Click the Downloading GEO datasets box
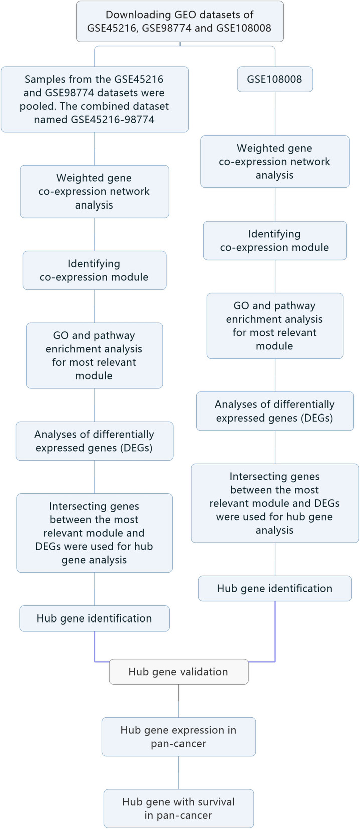(x=179, y=21)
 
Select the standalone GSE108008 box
(x=275, y=79)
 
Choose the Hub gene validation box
(x=178, y=672)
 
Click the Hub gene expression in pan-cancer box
(x=178, y=737)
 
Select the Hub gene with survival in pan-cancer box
(x=178, y=808)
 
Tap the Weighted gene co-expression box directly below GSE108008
(x=275, y=162)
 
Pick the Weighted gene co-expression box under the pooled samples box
(x=94, y=191)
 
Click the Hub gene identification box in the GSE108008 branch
(x=275, y=588)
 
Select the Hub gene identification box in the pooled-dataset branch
(x=94, y=618)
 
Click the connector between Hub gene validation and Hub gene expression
(x=179, y=701)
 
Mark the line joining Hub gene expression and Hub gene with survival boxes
(x=179, y=772)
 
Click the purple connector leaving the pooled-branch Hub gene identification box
(x=95, y=647)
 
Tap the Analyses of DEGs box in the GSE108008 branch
(x=275, y=411)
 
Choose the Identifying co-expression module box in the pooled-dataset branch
(x=94, y=270)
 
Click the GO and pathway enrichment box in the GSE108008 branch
(x=275, y=326)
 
